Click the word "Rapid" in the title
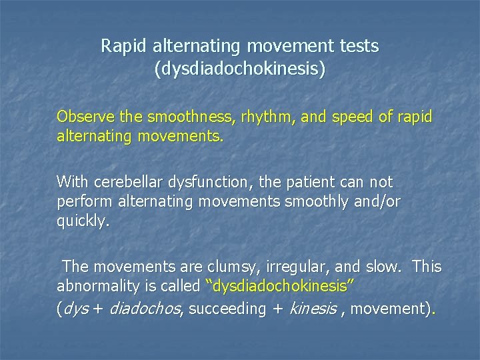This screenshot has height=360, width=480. pos(124,47)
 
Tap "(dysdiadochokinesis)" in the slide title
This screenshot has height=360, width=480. pos(240,69)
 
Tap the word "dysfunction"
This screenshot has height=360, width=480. pos(202,182)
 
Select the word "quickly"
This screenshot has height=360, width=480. pos(81,222)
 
